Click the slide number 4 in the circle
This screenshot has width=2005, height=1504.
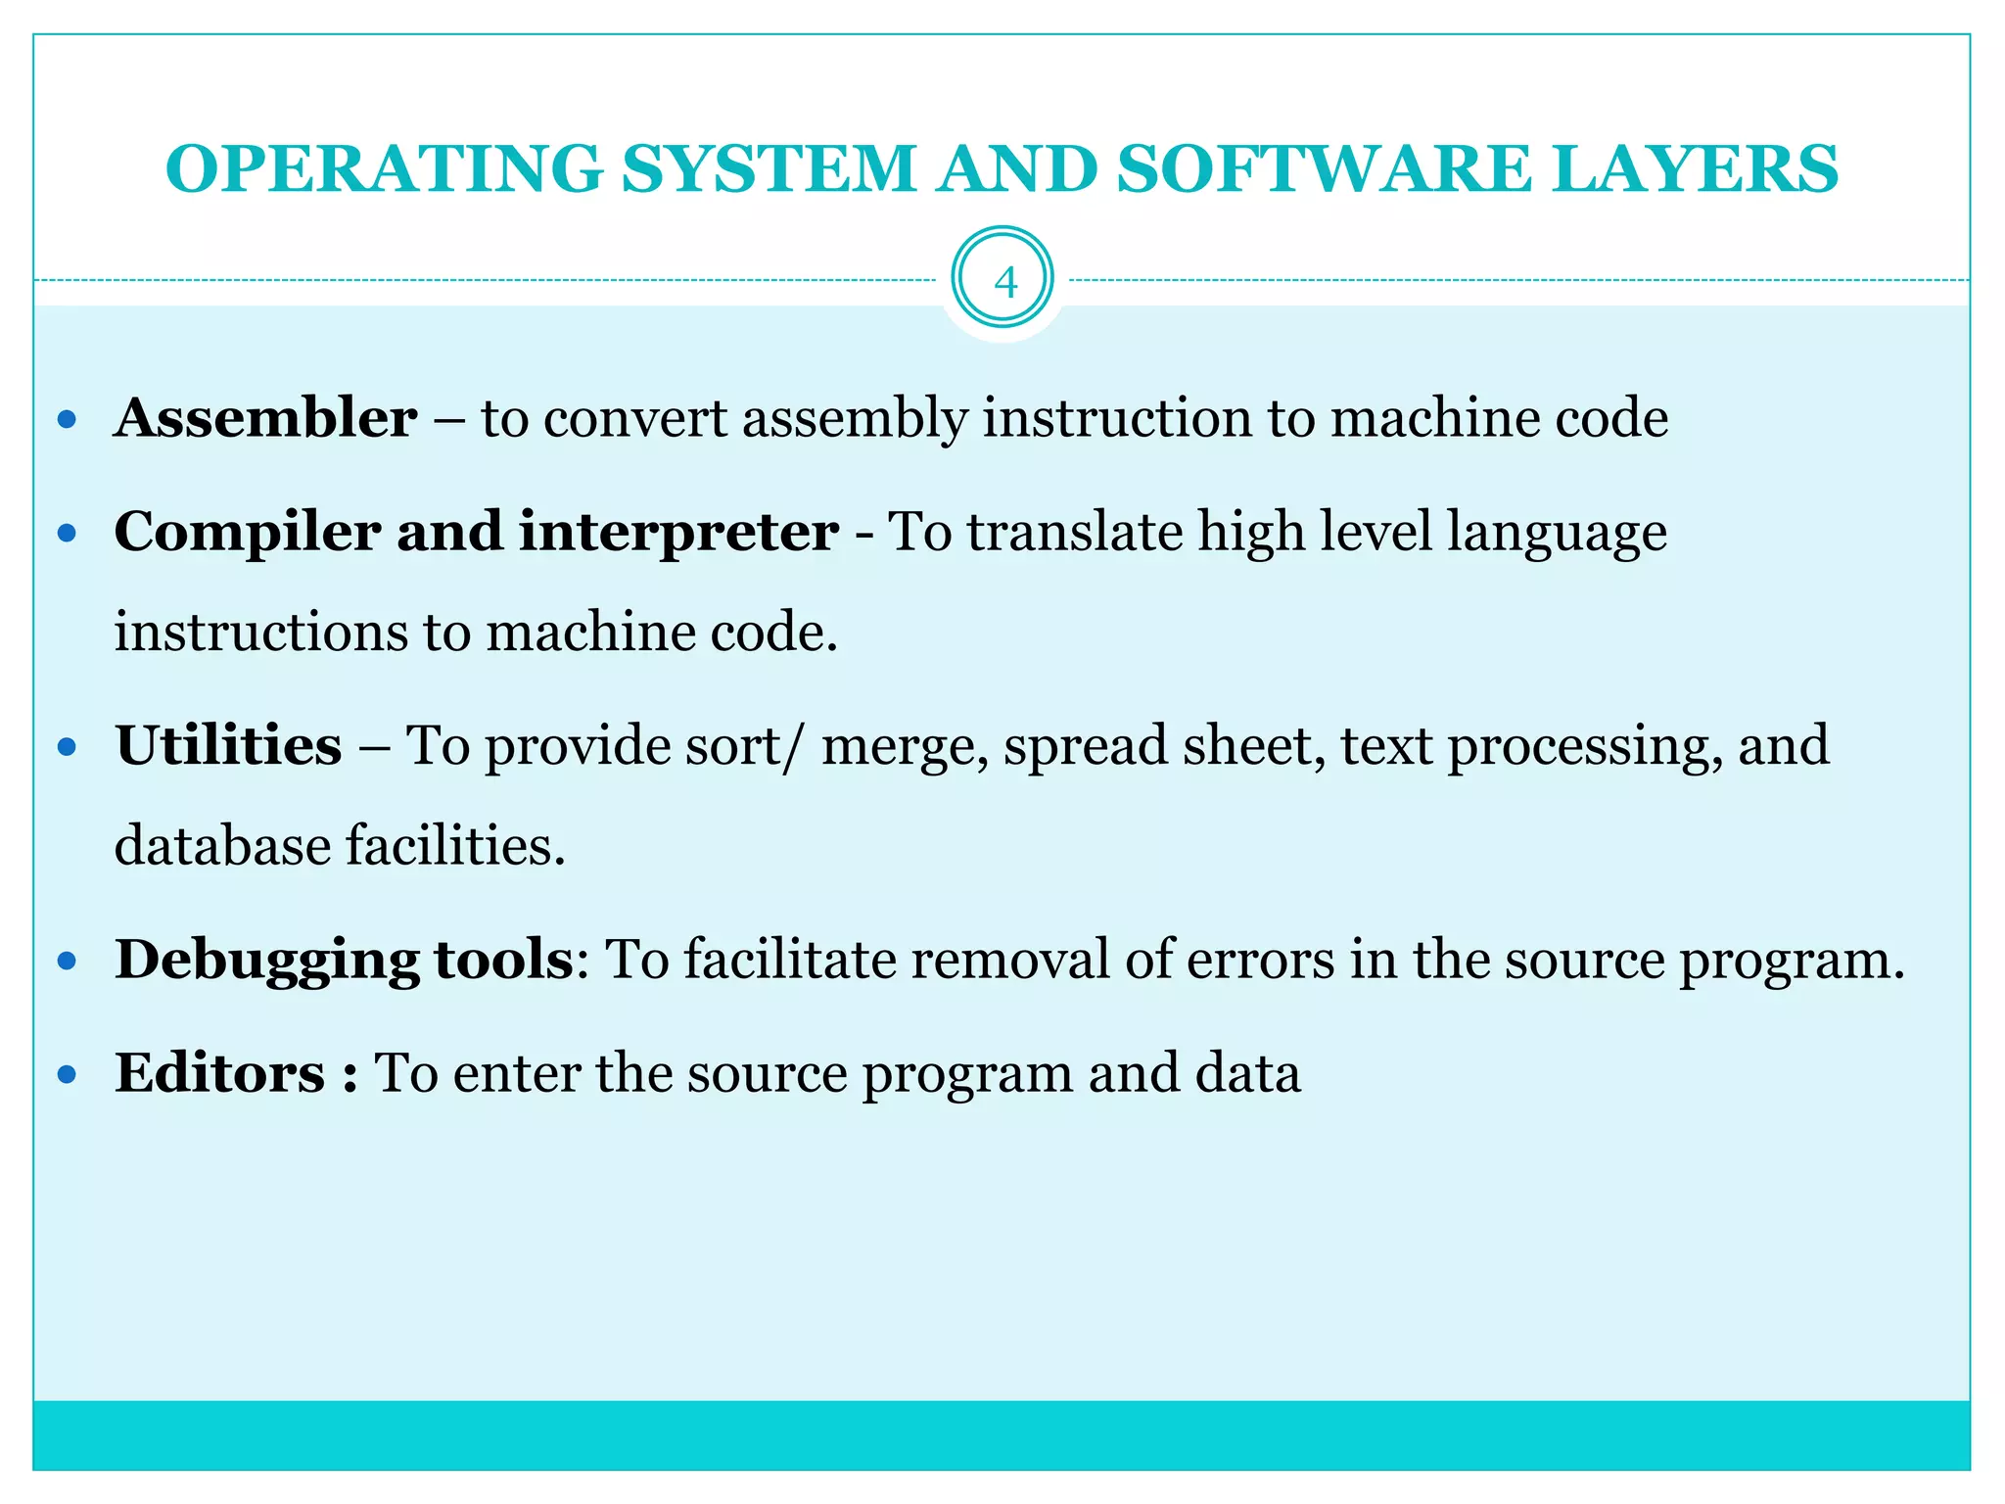pyautogui.click(x=1004, y=282)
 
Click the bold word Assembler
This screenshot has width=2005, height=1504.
pyautogui.click(x=265, y=418)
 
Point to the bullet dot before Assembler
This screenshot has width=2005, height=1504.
pyautogui.click(x=67, y=420)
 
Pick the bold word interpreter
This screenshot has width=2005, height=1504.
pyautogui.click(x=678, y=533)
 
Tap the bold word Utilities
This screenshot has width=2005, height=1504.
pyautogui.click(x=228, y=745)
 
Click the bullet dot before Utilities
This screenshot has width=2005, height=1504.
pyautogui.click(x=67, y=748)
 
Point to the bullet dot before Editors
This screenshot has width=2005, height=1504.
pyautogui.click(x=67, y=1075)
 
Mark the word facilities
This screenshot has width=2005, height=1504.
pyautogui.click(x=455, y=845)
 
